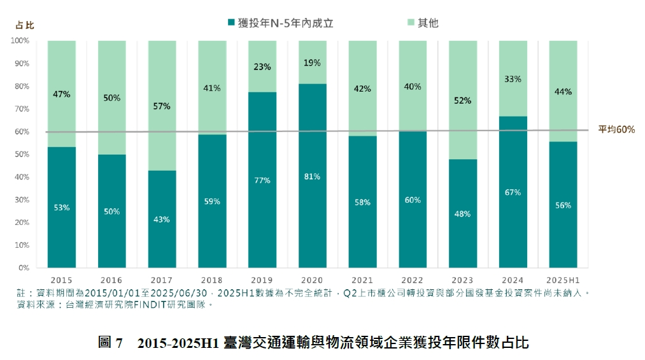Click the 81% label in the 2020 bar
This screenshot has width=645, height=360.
pos(312,176)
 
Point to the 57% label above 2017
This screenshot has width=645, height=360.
pos(162,106)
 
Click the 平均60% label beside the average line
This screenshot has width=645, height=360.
pos(616,129)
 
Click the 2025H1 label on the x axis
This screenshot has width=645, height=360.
pos(563,280)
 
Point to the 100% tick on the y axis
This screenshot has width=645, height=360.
pos(20,41)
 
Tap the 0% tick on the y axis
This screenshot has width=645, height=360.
pos(24,268)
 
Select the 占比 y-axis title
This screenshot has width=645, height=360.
pos(25,25)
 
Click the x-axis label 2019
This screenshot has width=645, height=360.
pos(262,280)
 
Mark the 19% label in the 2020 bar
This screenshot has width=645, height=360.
pos(312,63)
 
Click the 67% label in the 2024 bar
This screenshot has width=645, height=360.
pos(513,192)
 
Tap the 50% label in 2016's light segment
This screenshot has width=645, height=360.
pos(112,97)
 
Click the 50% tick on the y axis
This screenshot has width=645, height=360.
pos(22,154)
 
